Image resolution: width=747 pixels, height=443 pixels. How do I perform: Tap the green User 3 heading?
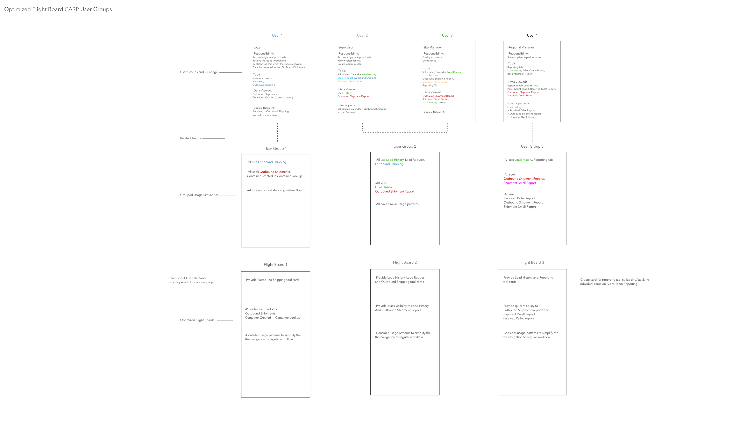click(447, 35)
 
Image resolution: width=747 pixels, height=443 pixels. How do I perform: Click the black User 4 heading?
click(532, 35)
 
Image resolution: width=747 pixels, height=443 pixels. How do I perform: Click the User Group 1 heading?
click(275, 149)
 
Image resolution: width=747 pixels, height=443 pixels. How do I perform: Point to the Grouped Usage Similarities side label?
click(199, 195)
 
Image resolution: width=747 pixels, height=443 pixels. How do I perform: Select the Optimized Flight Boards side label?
click(197, 320)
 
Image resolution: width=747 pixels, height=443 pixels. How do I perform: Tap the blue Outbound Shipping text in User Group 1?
click(272, 162)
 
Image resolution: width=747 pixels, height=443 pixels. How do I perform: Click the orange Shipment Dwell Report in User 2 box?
click(350, 81)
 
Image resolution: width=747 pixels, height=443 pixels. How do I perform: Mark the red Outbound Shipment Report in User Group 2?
click(395, 192)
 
